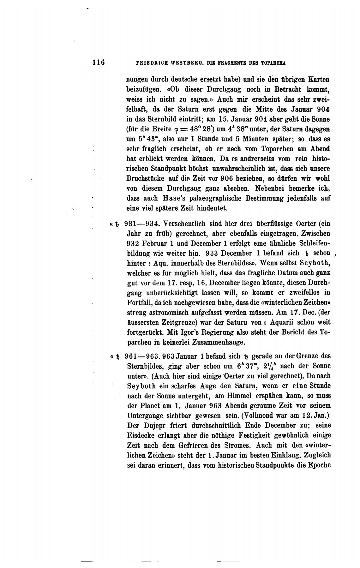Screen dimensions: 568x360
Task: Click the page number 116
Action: pyautogui.click(x=98, y=62)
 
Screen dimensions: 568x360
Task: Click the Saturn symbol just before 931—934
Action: pyautogui.click(x=117, y=224)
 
